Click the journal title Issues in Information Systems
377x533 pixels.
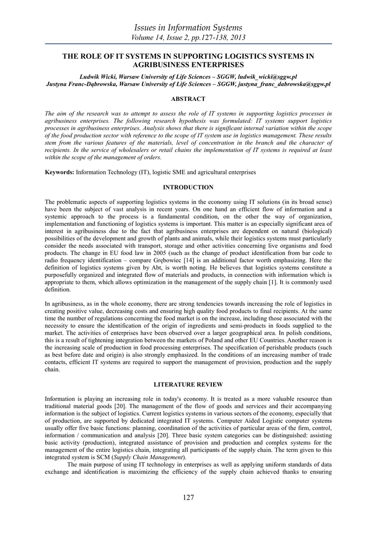pos(188,27)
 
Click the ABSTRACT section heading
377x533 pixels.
pos(188,99)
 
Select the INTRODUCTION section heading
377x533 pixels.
pos(188,187)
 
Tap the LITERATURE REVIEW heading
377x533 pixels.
pos(188,385)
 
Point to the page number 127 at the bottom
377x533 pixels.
pos(188,498)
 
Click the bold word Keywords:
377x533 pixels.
pos(60,172)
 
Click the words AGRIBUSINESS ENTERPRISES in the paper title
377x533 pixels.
pos(188,65)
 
